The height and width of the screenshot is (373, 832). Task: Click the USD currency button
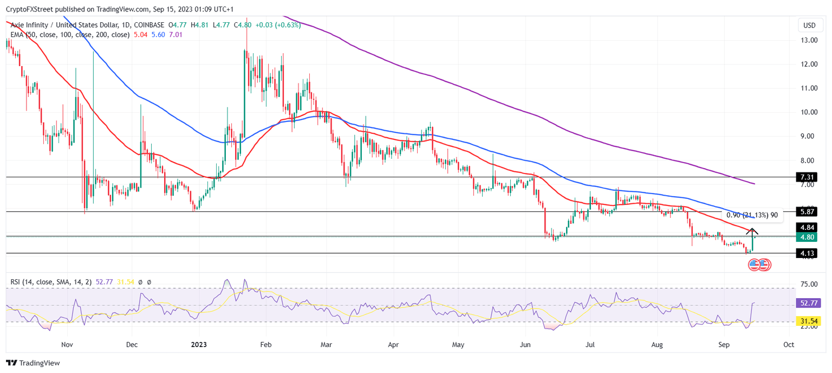809,25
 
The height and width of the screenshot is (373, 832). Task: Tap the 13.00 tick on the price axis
809,40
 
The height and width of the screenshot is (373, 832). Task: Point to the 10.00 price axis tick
809,112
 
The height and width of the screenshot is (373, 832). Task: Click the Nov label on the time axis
67,344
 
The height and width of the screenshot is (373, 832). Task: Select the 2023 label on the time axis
199,344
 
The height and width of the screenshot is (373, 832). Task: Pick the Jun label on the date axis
525,344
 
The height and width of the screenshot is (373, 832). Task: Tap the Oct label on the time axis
789,344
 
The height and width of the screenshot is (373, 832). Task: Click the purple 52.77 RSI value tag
809,303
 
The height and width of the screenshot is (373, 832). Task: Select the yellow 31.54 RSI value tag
809,321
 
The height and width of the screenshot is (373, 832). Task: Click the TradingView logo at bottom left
33,363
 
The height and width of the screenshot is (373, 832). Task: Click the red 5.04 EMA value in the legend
140,35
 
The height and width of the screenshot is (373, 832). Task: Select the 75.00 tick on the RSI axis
809,284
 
